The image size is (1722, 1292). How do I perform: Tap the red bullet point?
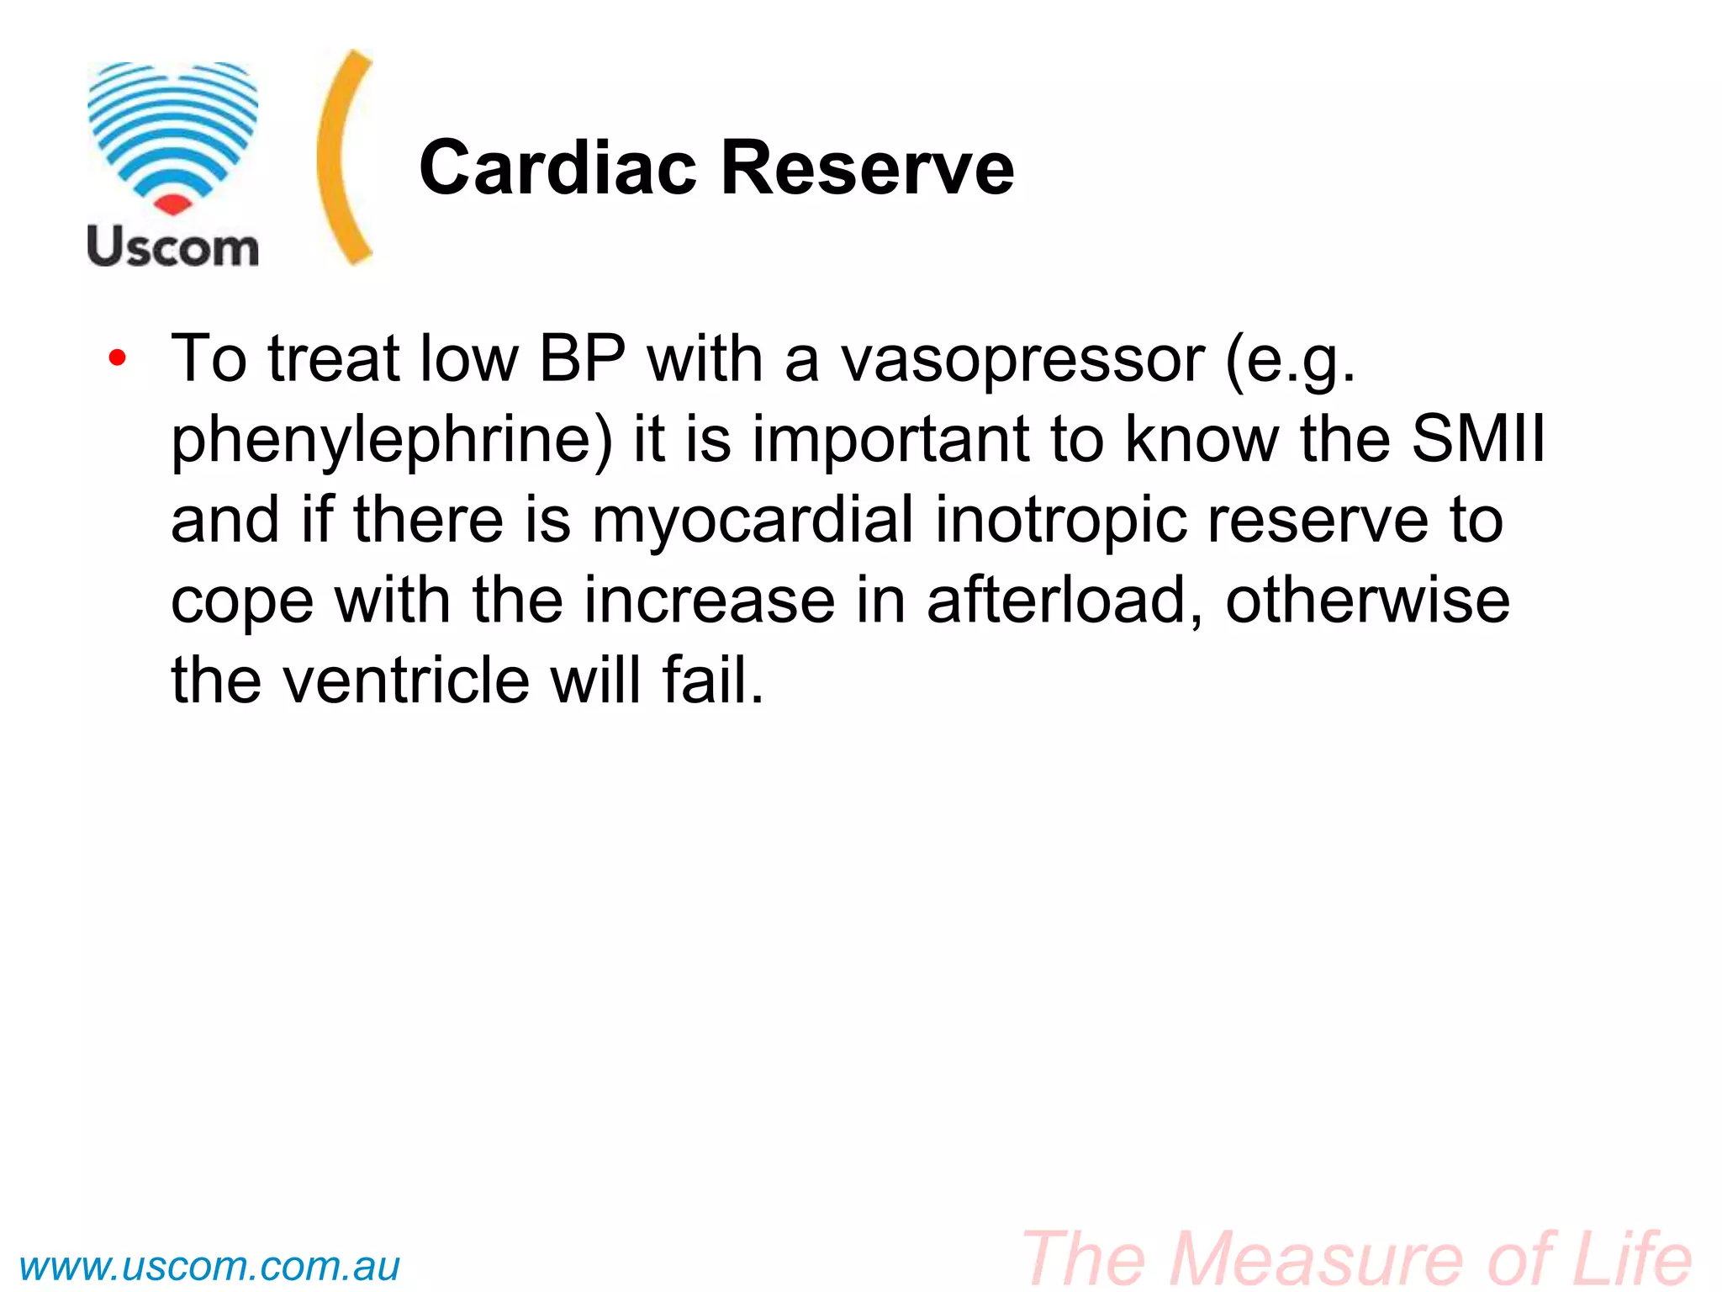click(x=118, y=359)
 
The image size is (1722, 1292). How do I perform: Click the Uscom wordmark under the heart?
click(x=173, y=247)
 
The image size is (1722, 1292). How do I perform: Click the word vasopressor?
click(x=1023, y=359)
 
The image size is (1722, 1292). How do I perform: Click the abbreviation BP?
click(x=582, y=359)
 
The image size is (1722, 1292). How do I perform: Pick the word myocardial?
click(x=753, y=520)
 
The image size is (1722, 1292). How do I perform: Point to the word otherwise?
click(x=1367, y=600)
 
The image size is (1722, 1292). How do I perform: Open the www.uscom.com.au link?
click(x=209, y=1266)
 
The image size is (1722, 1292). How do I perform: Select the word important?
click(x=890, y=440)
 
